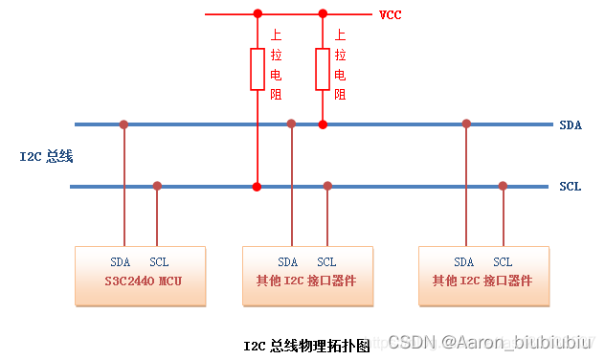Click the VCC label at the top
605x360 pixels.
(x=390, y=14)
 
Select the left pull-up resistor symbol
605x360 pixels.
(x=258, y=70)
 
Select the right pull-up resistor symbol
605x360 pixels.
(x=323, y=70)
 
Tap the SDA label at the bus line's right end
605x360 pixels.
(x=570, y=124)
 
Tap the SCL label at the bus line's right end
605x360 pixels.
(x=570, y=186)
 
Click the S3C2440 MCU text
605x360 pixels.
(x=142, y=281)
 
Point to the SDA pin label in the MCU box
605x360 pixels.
(x=121, y=261)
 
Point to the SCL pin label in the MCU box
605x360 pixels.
(x=159, y=261)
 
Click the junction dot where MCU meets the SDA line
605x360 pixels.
(x=123, y=124)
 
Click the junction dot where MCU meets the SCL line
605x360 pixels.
(x=157, y=186)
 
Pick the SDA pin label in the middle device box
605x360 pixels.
(x=288, y=261)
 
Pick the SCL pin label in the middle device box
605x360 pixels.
(x=326, y=261)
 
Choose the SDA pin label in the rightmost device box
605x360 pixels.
(x=464, y=261)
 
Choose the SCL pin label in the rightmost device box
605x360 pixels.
(x=503, y=261)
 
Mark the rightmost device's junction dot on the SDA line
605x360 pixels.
(x=466, y=124)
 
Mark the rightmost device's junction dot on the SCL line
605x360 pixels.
(x=503, y=186)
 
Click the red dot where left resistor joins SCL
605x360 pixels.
(x=257, y=186)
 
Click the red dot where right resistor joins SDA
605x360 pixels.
(x=323, y=124)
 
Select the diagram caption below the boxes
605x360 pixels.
(x=306, y=345)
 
